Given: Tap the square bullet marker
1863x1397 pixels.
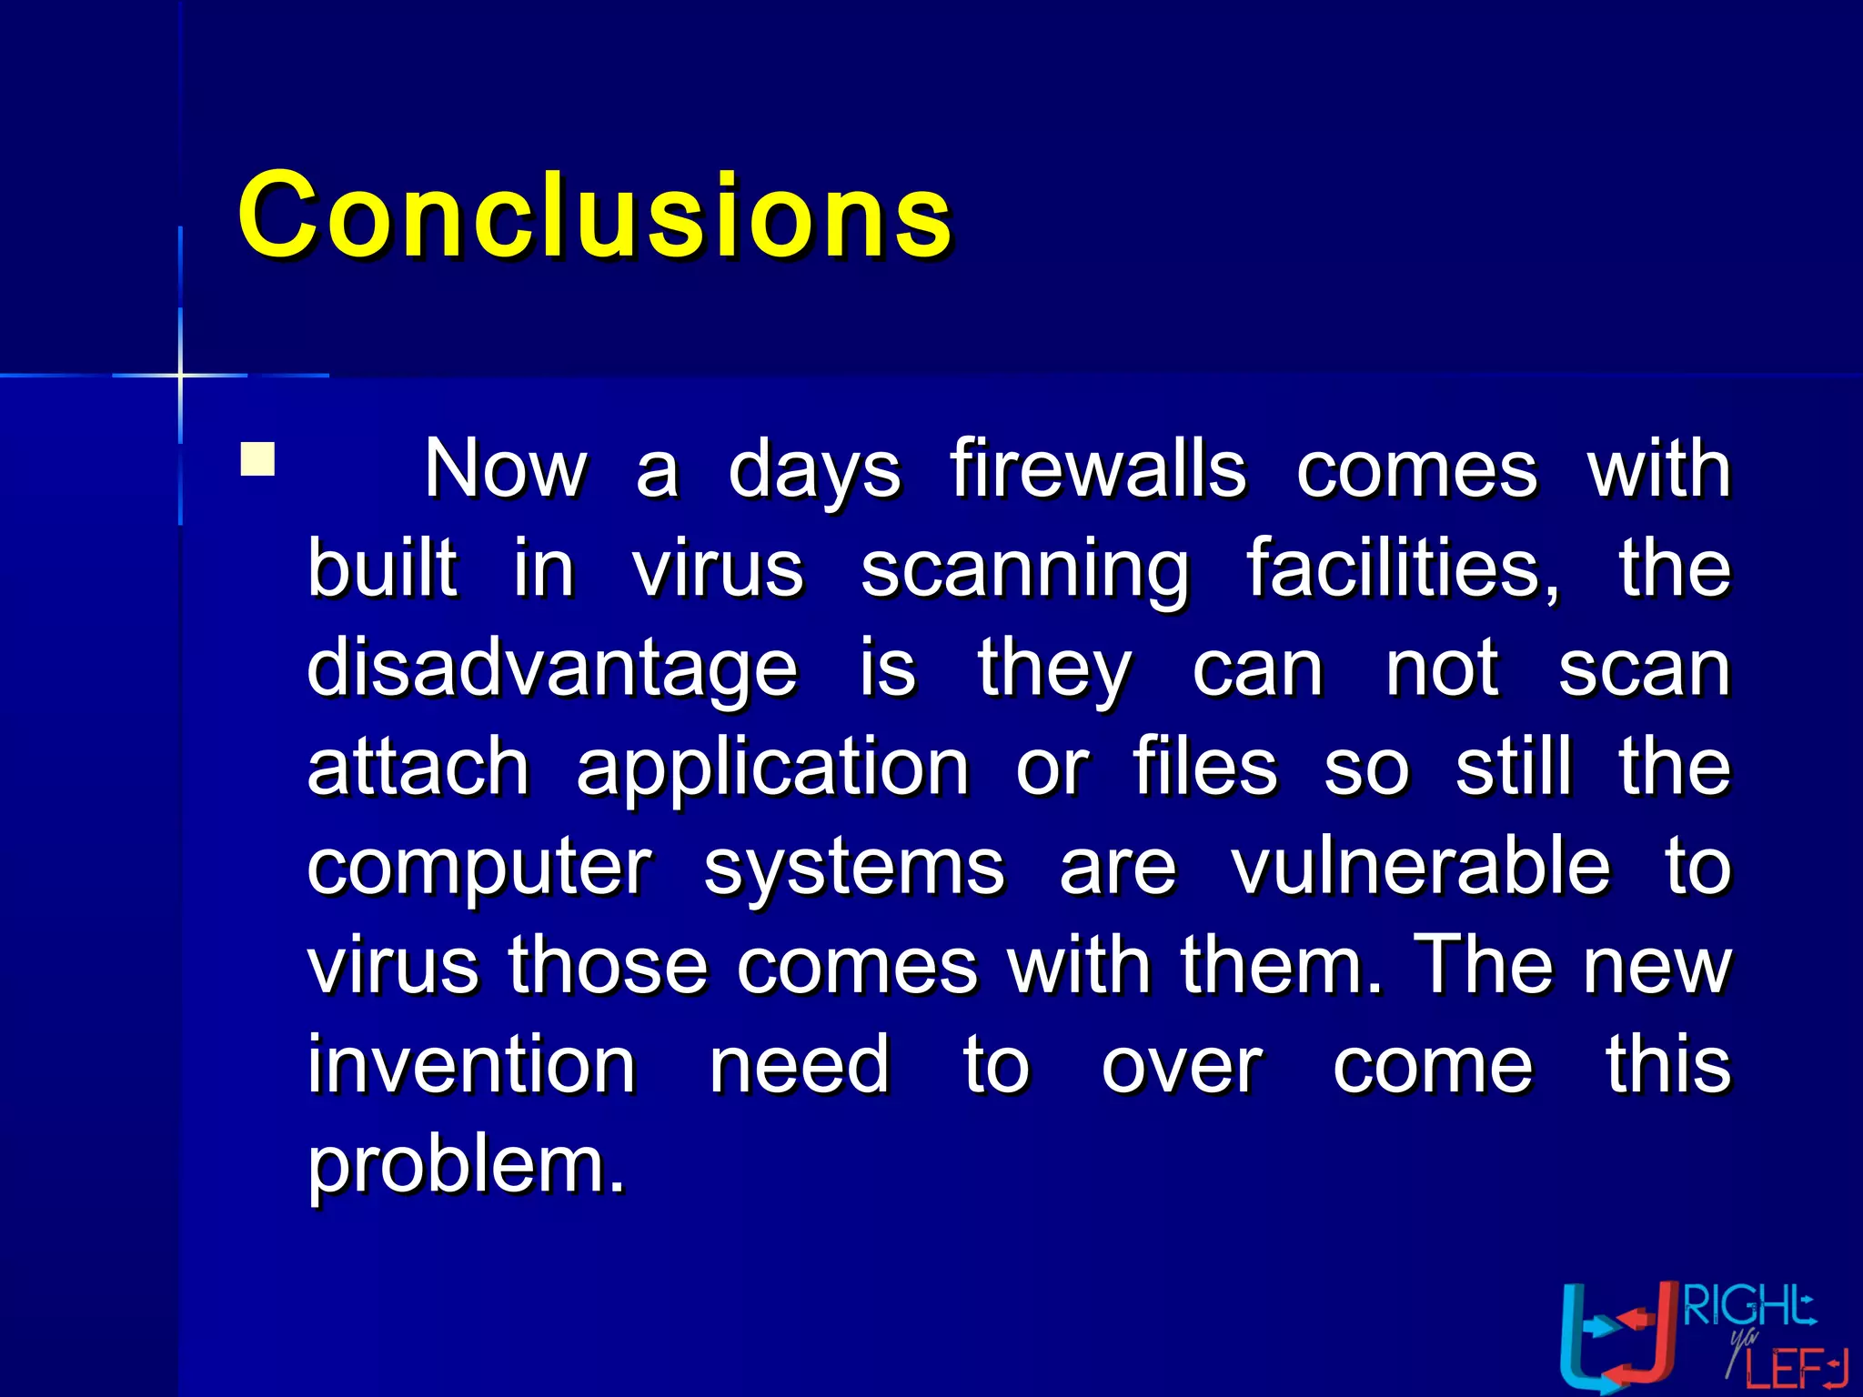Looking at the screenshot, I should (x=257, y=459).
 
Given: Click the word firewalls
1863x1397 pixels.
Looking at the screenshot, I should (x=1098, y=469).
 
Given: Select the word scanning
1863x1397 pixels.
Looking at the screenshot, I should (x=1025, y=570).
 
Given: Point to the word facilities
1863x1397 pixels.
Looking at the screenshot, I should (x=1402, y=568).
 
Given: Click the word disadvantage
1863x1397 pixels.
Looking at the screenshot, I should (x=552, y=668).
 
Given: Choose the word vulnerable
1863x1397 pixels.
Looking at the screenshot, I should (x=1420, y=866).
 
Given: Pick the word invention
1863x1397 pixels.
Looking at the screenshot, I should (x=471, y=1065).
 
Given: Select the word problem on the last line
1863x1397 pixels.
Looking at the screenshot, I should (x=467, y=1166).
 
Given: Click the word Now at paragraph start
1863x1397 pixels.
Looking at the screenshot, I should (x=505, y=469).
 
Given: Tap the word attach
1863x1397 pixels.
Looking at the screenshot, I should (x=418, y=767).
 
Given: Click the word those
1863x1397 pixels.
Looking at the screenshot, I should (x=608, y=966).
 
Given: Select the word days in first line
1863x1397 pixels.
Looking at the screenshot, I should (x=814, y=471).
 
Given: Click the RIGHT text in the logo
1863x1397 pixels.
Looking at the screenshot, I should (x=1747, y=1307).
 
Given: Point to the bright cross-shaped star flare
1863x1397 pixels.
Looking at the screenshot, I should (x=180, y=374).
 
